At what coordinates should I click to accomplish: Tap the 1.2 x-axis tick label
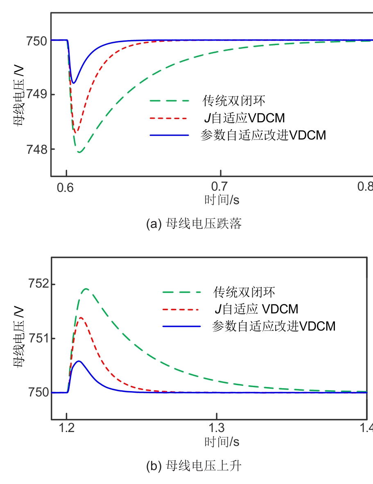pos(67,430)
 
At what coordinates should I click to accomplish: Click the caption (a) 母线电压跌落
pos(194,224)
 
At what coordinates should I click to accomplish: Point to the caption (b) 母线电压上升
pos(194,466)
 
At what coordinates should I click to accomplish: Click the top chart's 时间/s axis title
pos(222,200)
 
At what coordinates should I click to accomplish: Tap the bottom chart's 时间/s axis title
pos(222,442)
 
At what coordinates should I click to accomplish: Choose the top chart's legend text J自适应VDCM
pos(244,118)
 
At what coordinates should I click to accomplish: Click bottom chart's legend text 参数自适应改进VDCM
pos(274,326)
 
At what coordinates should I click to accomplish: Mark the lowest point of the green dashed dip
pos(79,153)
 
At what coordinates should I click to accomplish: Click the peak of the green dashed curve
pos(86,289)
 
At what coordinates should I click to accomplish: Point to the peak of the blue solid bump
pos(79,361)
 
